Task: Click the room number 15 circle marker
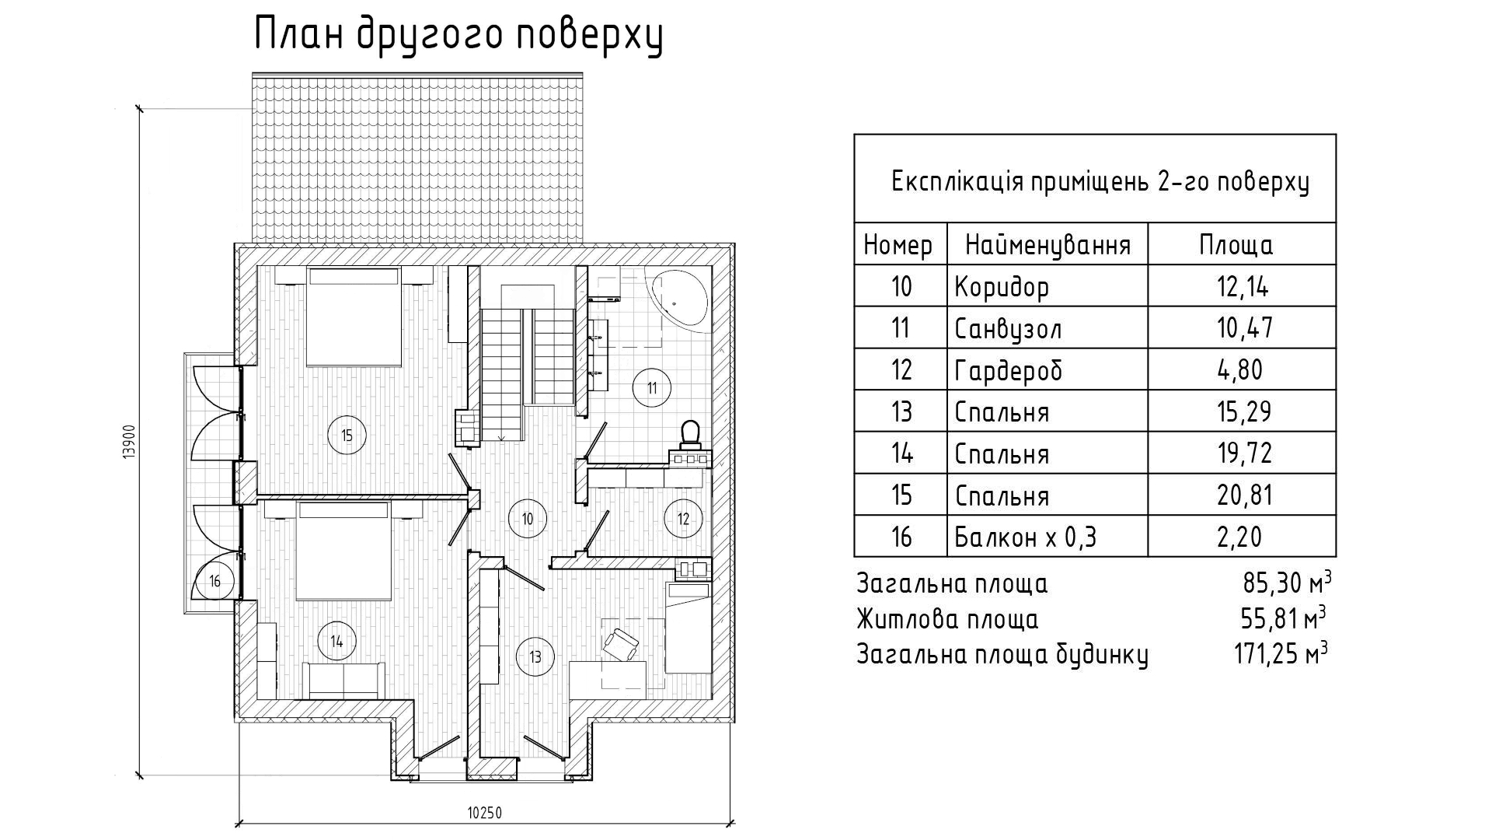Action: tap(347, 435)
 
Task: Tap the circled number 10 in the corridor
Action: tap(528, 518)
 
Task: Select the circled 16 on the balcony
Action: tap(215, 580)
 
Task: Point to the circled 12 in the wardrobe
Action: tap(683, 518)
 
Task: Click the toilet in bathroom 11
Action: tap(690, 434)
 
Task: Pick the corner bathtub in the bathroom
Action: tap(680, 299)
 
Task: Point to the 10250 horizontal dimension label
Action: tap(485, 813)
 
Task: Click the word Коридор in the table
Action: tap(1002, 287)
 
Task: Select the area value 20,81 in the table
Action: tap(1244, 495)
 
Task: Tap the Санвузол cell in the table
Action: tap(1008, 328)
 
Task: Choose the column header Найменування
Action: tap(1048, 246)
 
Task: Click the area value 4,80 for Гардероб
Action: tap(1240, 369)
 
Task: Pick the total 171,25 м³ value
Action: tap(1281, 652)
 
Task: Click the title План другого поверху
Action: tap(458, 36)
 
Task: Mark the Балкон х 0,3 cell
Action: tap(1025, 537)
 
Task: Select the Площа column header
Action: tap(1236, 245)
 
